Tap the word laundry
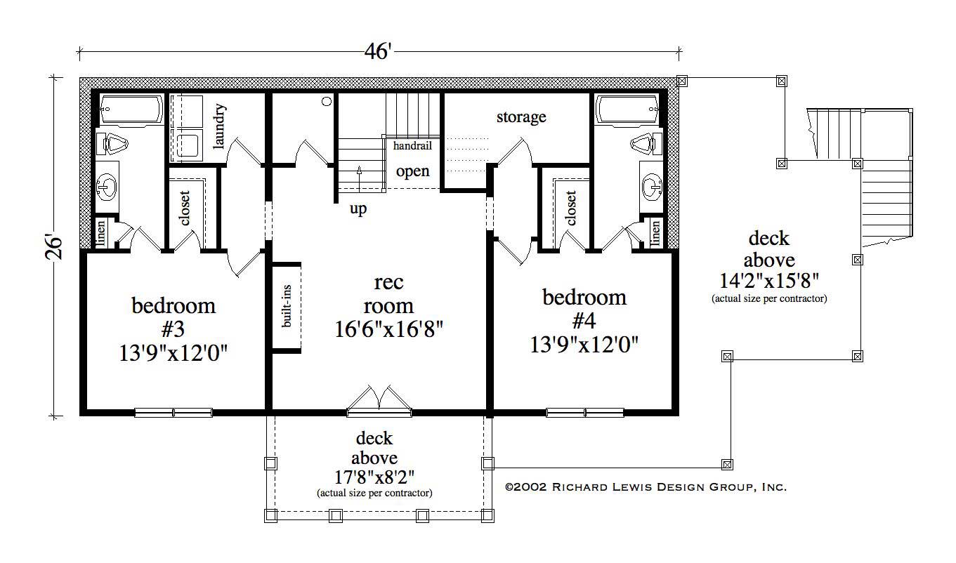[x=219, y=127]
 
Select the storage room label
[x=521, y=117]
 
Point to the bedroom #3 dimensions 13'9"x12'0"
[x=173, y=352]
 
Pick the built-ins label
[x=287, y=307]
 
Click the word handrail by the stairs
[x=412, y=146]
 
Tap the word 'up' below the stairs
[x=358, y=209]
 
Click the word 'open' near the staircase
[x=412, y=171]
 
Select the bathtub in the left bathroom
[x=131, y=110]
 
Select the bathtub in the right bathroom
[x=628, y=110]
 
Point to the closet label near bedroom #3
[x=185, y=208]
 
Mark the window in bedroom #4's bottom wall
[x=584, y=413]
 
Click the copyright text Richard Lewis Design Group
[x=646, y=486]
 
